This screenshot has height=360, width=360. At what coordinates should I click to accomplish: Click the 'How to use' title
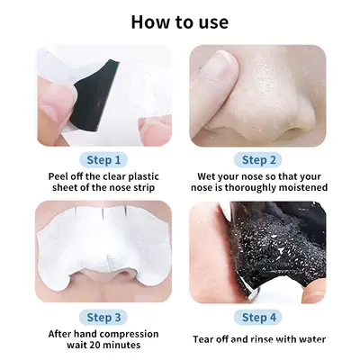click(x=180, y=22)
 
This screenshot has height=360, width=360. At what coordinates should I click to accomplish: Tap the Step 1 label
click(x=103, y=160)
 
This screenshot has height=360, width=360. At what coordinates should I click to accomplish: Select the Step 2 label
click(x=258, y=160)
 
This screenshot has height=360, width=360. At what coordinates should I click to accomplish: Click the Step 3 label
click(x=103, y=318)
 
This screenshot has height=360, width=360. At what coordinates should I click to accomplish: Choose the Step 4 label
click(x=258, y=318)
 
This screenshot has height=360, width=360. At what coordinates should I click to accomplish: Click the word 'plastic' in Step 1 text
click(x=143, y=176)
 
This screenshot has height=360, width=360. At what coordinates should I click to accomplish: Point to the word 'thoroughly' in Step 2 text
click(x=250, y=188)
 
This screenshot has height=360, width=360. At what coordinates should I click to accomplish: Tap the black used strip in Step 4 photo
click(x=276, y=245)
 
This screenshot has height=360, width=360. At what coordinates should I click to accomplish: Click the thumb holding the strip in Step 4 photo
click(x=313, y=292)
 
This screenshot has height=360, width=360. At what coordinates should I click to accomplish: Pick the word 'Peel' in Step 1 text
click(x=58, y=176)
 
